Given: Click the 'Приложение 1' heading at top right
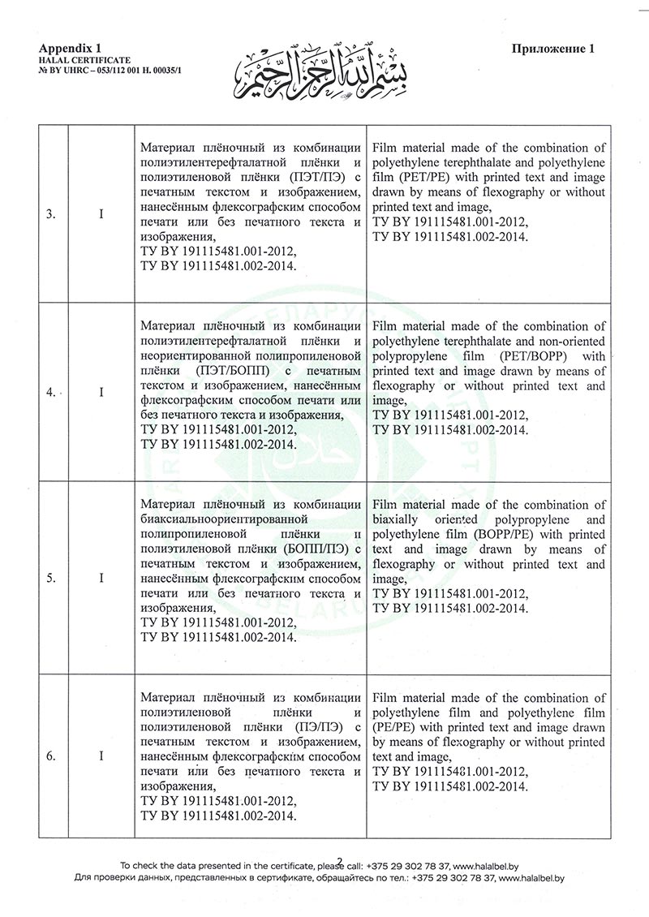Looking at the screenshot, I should point(553,49).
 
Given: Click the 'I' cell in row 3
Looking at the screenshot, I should point(101,214).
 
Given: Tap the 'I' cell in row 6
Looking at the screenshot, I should point(101,756).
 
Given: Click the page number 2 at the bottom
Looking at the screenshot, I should point(340,861).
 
